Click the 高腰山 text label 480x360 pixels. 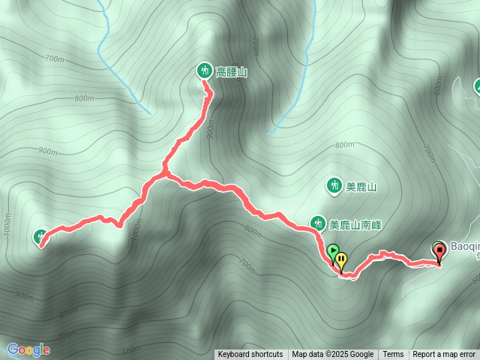(231, 72)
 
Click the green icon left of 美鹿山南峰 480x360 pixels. (317, 223)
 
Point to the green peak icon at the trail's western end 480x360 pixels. (40, 237)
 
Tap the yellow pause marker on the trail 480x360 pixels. (341, 260)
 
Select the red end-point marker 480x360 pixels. (439, 251)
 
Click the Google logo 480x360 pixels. (28, 349)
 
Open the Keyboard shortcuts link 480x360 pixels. (250, 355)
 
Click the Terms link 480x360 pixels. (393, 355)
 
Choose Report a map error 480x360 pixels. (444, 355)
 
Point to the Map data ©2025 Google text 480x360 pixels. (332, 355)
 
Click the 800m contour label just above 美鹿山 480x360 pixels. (344, 145)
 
